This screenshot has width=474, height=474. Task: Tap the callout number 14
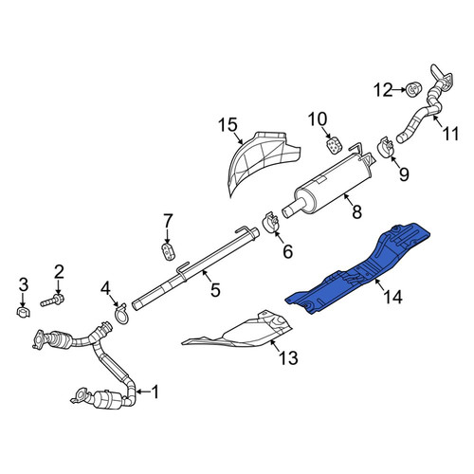tap(392, 297)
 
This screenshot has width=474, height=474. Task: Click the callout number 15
tap(228, 124)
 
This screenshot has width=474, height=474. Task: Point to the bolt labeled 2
tap(52, 300)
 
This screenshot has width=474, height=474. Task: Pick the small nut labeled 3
tap(23, 312)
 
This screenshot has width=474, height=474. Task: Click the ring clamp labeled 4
tap(120, 314)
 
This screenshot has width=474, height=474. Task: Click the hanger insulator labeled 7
tap(169, 251)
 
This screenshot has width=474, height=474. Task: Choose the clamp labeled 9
tap(386, 147)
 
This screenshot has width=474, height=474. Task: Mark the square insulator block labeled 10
tap(334, 145)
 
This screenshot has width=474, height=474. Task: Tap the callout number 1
tap(155, 392)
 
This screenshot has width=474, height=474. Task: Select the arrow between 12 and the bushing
tap(399, 90)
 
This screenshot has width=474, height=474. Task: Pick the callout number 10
tap(318, 119)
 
